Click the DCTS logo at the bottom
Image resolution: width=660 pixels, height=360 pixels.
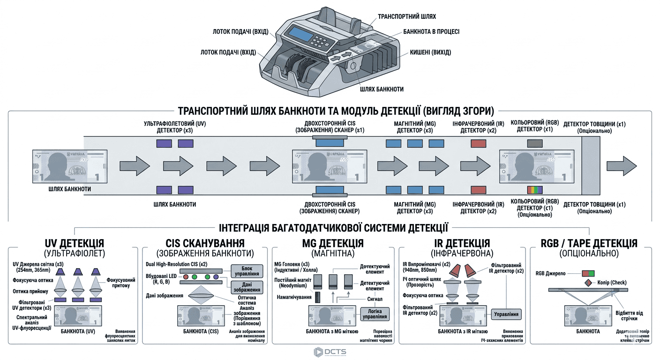[330, 352]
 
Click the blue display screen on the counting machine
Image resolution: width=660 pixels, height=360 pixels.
[301, 34]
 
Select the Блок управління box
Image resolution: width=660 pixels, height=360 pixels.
[247, 270]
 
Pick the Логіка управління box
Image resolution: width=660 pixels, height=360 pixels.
[375, 314]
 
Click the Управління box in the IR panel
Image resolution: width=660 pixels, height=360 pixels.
[507, 314]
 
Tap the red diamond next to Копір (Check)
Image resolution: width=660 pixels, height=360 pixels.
[588, 283]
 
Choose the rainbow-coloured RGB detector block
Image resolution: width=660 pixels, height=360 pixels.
[535, 190]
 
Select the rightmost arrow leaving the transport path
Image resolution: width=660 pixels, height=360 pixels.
[622, 166]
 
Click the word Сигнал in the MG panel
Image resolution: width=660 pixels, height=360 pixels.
[375, 299]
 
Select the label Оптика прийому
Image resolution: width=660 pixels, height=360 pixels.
[32, 292]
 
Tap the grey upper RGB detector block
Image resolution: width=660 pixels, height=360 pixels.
[535, 143]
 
